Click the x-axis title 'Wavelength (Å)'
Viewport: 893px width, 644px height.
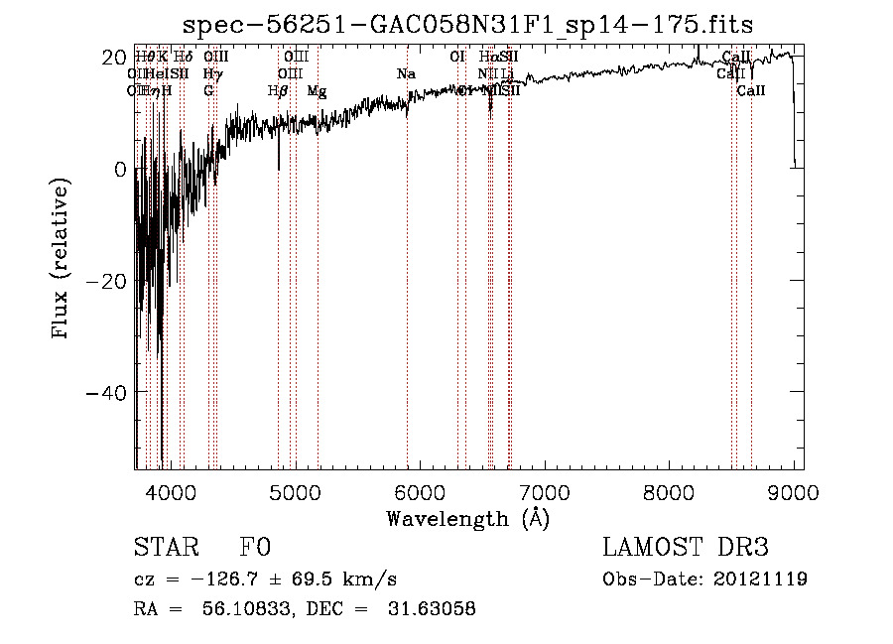(467, 518)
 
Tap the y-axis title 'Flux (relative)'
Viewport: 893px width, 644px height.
(62, 259)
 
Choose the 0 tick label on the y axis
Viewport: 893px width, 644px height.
(120, 170)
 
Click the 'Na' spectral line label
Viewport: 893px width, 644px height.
(406, 73)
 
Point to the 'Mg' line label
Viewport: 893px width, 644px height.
(317, 90)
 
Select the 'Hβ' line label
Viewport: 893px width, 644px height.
(278, 90)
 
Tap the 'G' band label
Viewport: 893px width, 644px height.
(208, 90)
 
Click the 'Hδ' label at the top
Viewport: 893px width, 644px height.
(184, 57)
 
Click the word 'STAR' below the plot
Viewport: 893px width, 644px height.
(165, 548)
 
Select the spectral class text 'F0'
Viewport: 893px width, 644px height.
(255, 548)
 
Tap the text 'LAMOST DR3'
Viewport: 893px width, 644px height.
(686, 548)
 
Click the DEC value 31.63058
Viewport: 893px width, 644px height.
(432, 609)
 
